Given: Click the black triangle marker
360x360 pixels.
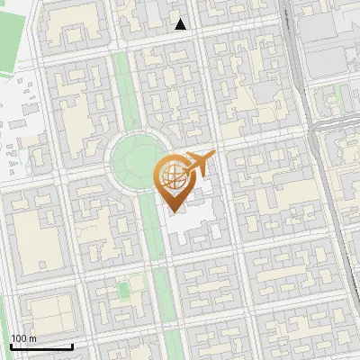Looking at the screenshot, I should (x=181, y=24).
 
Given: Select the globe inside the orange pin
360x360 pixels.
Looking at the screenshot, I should (x=172, y=177).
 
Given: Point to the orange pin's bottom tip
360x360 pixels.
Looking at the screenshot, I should (x=173, y=211).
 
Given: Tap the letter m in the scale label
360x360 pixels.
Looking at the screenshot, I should (x=34, y=339).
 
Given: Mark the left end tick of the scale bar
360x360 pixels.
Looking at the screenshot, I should (x=12, y=346).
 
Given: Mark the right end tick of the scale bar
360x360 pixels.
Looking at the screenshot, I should (x=72, y=346).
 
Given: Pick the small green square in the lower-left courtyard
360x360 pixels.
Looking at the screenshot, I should (x=123, y=291).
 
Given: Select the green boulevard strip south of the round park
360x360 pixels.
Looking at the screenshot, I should (x=158, y=270).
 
